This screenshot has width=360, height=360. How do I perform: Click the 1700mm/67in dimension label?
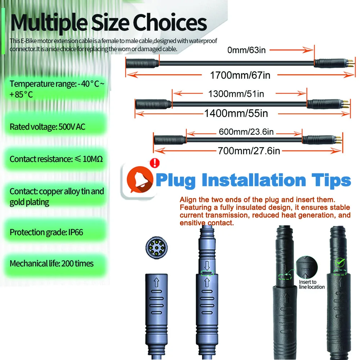pos(240,75)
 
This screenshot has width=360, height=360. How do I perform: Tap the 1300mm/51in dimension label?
pos(236,94)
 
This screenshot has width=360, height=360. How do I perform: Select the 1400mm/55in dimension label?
pos(236,113)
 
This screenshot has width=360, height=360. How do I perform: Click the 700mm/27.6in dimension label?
pos(249,150)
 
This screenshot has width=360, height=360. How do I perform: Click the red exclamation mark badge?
pos(155,163)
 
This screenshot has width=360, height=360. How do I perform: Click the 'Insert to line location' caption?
pos(312,284)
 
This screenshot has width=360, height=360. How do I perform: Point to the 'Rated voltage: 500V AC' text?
pos(48,127)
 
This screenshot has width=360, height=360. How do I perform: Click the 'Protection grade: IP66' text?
pos(46,232)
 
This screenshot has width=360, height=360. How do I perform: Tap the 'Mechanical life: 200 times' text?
pos(51,264)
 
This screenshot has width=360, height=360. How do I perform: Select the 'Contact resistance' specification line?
pos(56,159)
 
